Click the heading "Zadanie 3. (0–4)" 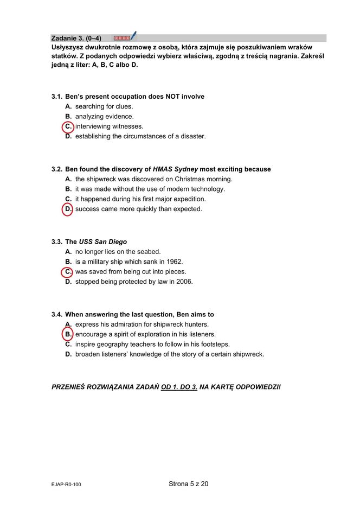pos(76,38)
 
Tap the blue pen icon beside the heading pos(133,36)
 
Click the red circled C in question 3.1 pos(68,126)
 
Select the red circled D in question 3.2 pos(68,209)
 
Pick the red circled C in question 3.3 pos(68,272)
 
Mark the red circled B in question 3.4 pos(68,334)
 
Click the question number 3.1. pos(56,97)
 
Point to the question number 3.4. pos(56,315)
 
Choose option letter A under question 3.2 pos(68,179)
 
